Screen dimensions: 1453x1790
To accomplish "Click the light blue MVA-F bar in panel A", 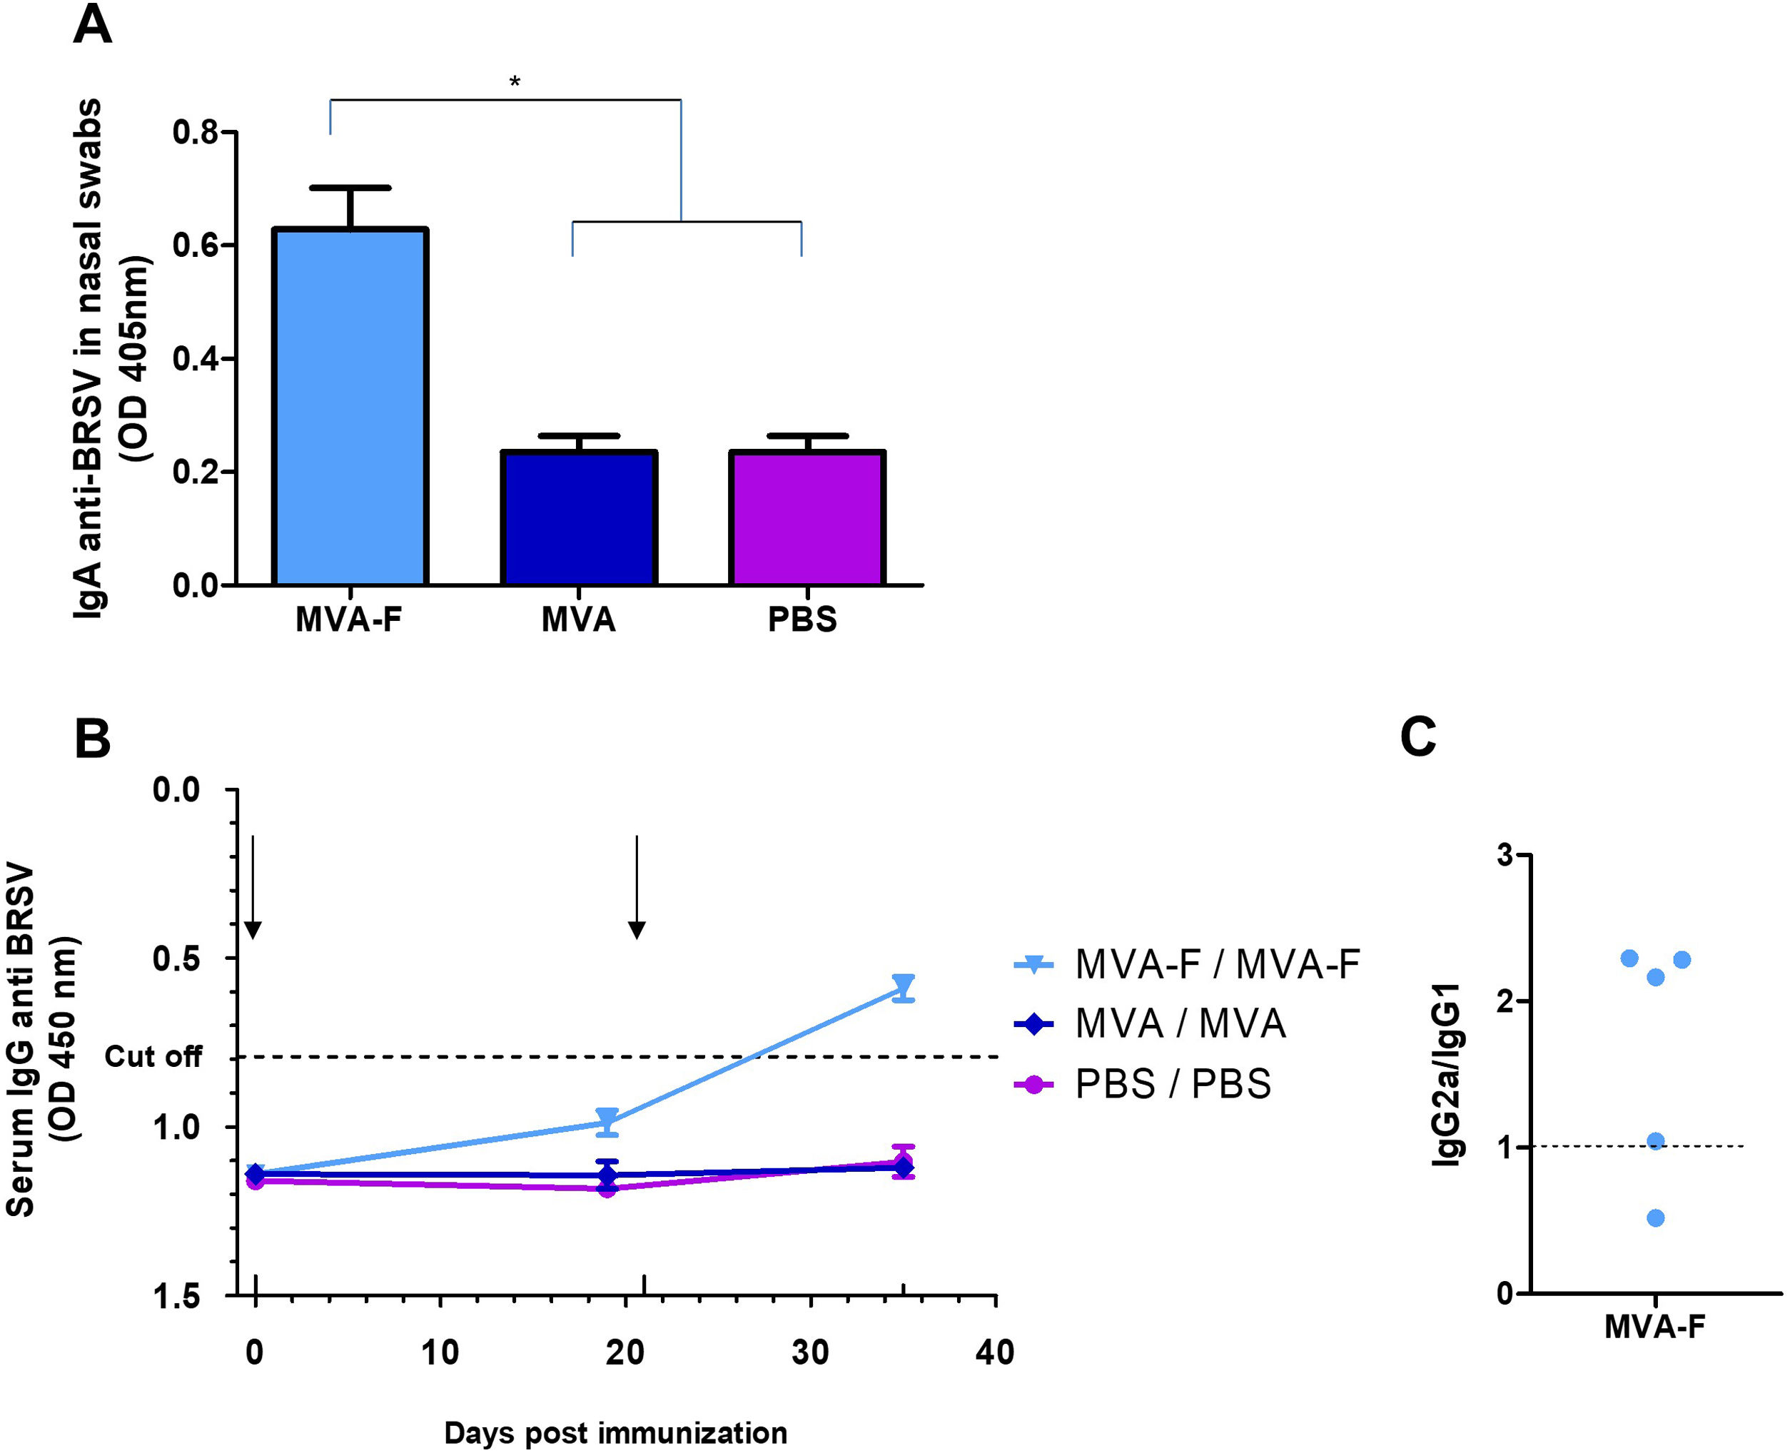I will tap(350, 406).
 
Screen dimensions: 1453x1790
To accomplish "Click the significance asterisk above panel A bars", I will tap(515, 82).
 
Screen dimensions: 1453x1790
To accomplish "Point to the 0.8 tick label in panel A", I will tap(195, 132).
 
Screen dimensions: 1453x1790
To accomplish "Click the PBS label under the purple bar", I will tap(802, 620).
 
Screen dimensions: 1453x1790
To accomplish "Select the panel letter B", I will tap(92, 738).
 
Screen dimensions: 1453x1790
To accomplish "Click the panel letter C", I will tap(1417, 737).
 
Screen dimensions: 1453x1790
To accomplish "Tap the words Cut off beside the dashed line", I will tap(153, 1057).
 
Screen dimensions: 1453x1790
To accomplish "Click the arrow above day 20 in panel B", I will tap(637, 887).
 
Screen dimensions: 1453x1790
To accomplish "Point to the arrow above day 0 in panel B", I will tap(253, 887).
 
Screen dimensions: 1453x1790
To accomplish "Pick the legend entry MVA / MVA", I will tap(1180, 1023).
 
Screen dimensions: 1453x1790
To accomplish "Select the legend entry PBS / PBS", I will tap(1173, 1084).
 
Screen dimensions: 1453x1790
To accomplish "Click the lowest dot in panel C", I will tap(1655, 1217).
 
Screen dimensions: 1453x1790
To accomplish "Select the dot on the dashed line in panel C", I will tap(1655, 1141).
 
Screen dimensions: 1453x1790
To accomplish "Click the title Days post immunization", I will tap(615, 1433).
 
